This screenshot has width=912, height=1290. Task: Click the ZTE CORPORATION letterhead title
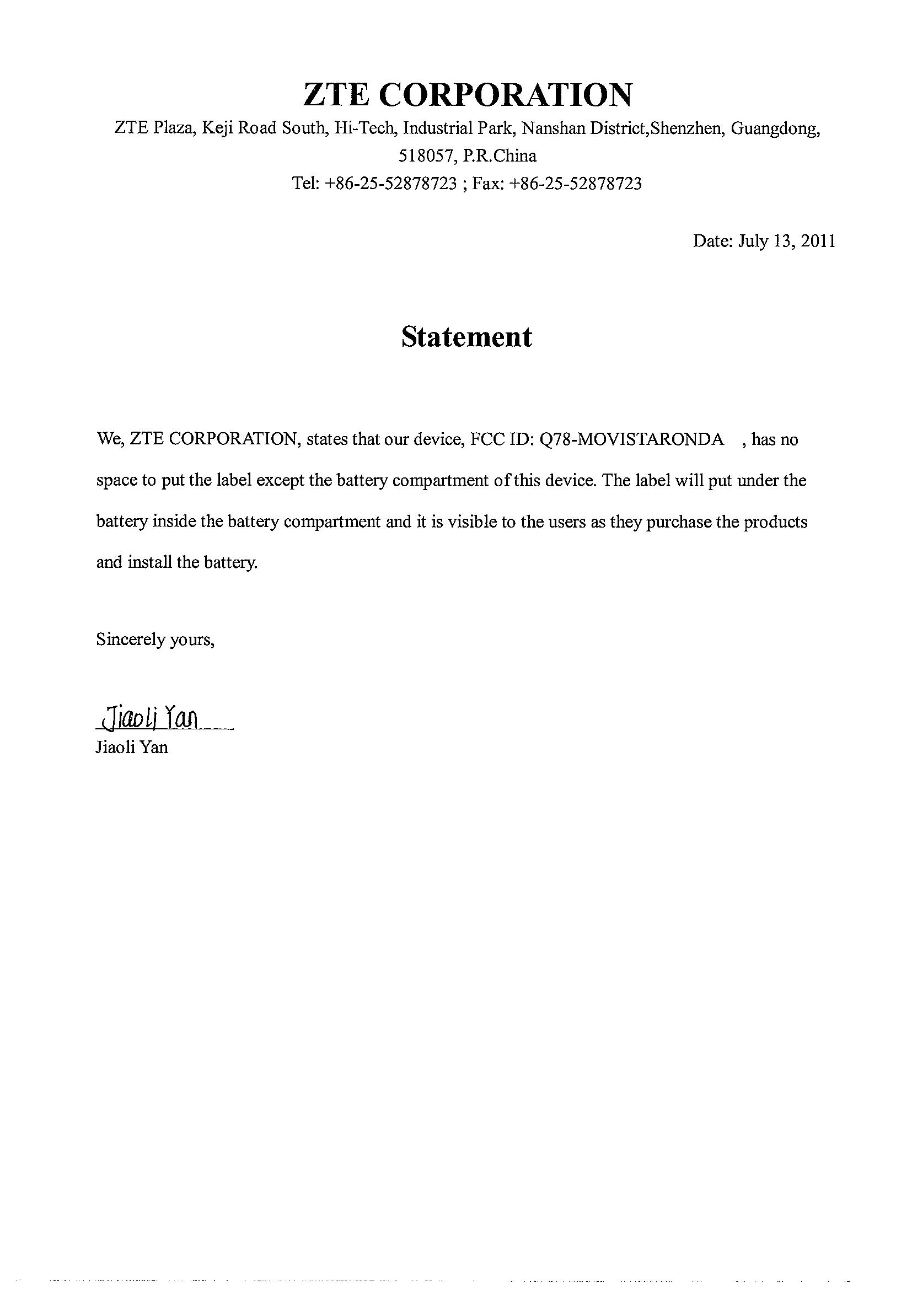pos(467,94)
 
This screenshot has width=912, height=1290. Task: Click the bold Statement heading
pos(466,337)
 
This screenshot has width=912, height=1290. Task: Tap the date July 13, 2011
pos(786,241)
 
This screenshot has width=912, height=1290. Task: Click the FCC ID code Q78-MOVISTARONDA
pos(631,439)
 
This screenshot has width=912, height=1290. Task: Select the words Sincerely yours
pos(155,639)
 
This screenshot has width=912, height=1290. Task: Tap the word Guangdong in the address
pos(775,128)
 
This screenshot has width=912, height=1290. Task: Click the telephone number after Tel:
pos(390,184)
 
